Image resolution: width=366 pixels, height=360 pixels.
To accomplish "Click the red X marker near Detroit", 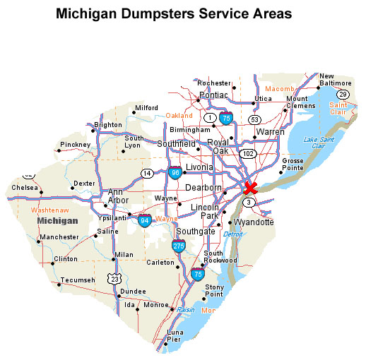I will click(249, 188).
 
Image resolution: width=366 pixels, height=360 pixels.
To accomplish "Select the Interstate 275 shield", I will click(179, 245).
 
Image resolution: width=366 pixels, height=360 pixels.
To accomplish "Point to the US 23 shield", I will click(114, 280).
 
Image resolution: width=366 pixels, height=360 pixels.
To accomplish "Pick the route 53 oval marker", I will click(254, 119).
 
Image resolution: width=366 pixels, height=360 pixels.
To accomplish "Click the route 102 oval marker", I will click(247, 152).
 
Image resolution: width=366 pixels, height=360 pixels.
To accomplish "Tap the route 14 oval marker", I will click(147, 173).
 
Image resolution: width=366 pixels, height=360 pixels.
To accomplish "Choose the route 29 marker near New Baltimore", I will click(343, 94).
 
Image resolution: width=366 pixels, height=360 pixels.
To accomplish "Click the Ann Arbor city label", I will click(117, 196).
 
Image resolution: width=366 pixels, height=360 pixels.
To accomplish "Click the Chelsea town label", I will click(25, 188).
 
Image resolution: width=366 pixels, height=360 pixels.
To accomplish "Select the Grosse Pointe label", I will click(293, 164).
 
